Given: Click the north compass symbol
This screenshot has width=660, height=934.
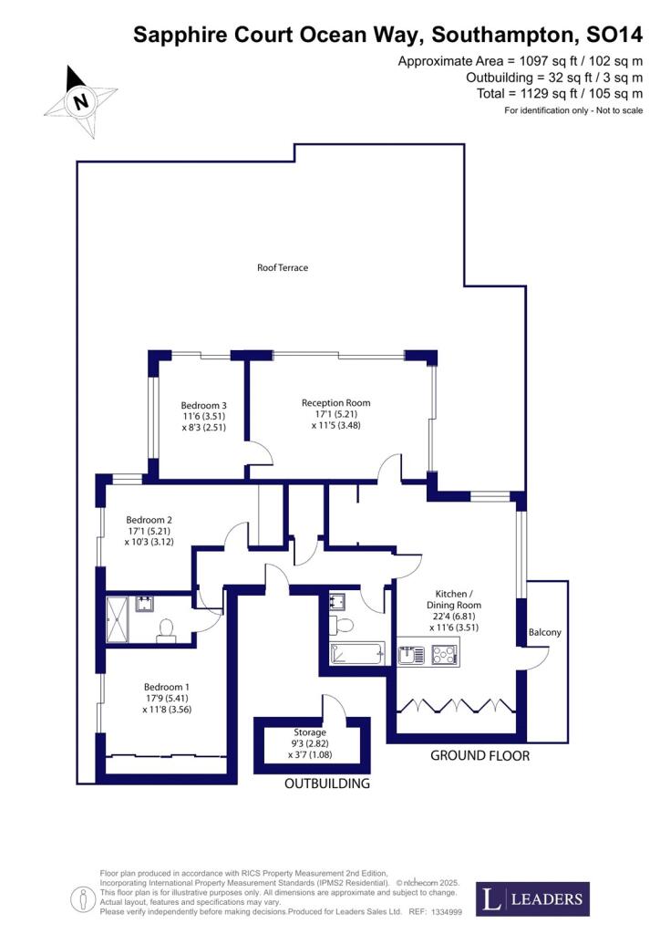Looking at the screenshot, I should click(x=81, y=101).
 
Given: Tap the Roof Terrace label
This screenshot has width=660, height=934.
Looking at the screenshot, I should click(x=282, y=268).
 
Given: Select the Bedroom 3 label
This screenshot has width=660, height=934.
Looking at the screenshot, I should click(x=203, y=405).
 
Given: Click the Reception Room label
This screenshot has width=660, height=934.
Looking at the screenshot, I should click(x=336, y=402).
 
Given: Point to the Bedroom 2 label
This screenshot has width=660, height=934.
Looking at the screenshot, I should click(x=150, y=520).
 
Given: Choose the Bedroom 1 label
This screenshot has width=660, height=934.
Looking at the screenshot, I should click(x=168, y=687).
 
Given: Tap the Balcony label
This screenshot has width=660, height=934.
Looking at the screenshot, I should click(x=545, y=632).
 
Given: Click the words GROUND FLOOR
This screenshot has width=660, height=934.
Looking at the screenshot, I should click(x=480, y=756).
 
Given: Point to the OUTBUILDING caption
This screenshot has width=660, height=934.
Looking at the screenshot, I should click(x=327, y=784).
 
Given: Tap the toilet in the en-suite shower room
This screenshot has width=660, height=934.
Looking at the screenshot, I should click(x=166, y=628).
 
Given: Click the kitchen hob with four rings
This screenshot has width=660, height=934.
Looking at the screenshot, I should click(x=444, y=653).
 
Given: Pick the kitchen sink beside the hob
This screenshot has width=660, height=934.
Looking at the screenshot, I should click(x=408, y=653).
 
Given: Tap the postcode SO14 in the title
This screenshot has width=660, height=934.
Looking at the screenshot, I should click(x=614, y=36).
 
